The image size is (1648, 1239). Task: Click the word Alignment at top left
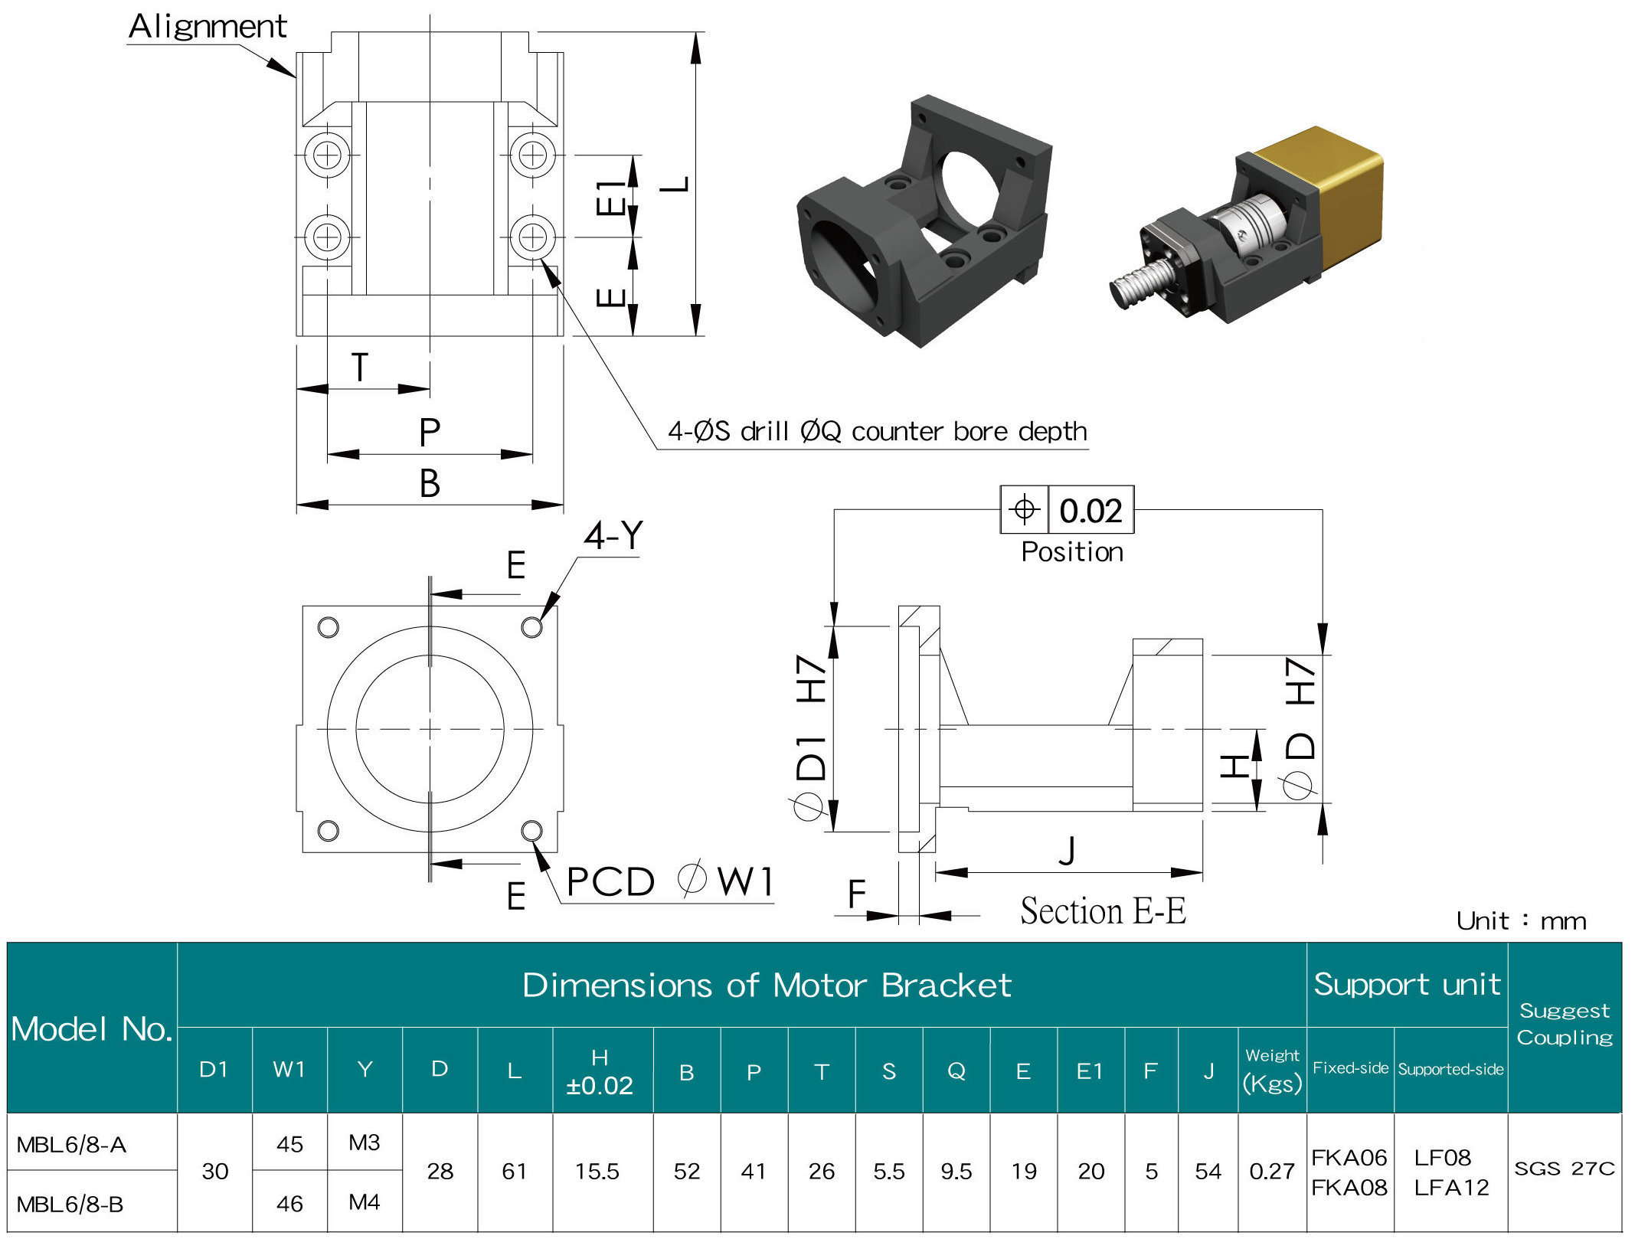click(x=208, y=27)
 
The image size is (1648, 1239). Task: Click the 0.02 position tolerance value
click(x=1090, y=511)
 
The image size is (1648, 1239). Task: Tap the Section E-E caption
click(x=1103, y=911)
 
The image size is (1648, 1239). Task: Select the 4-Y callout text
click(x=613, y=535)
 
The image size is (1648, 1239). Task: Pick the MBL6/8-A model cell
click(x=71, y=1145)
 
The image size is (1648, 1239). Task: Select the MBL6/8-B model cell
click(x=70, y=1205)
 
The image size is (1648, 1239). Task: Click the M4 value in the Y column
click(x=365, y=1202)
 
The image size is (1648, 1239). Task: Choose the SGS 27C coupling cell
click(x=1564, y=1169)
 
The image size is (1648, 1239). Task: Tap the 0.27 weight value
click(x=1271, y=1171)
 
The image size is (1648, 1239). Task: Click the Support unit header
click(x=1407, y=985)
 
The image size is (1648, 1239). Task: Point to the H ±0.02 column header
click(x=600, y=1072)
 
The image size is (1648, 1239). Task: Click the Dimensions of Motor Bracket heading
click(x=767, y=986)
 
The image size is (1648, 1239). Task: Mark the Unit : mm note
click(x=1521, y=921)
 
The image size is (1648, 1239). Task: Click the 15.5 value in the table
click(x=597, y=1171)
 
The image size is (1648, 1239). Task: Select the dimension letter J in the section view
click(x=1067, y=850)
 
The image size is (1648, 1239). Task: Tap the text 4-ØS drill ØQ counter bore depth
click(x=877, y=432)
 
